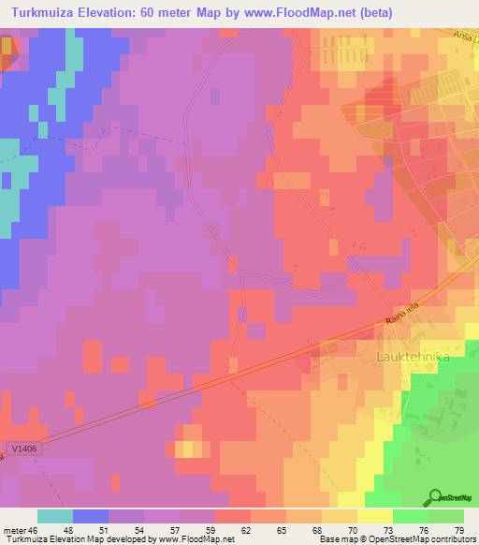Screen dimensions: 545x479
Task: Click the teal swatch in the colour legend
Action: [55, 516]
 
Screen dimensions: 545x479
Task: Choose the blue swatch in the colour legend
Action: [91, 516]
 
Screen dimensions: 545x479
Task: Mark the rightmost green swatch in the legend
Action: [446, 516]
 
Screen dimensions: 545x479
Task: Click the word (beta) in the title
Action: [373, 12]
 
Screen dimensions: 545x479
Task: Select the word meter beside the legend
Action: [12, 530]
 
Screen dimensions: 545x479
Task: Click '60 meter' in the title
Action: [170, 12]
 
